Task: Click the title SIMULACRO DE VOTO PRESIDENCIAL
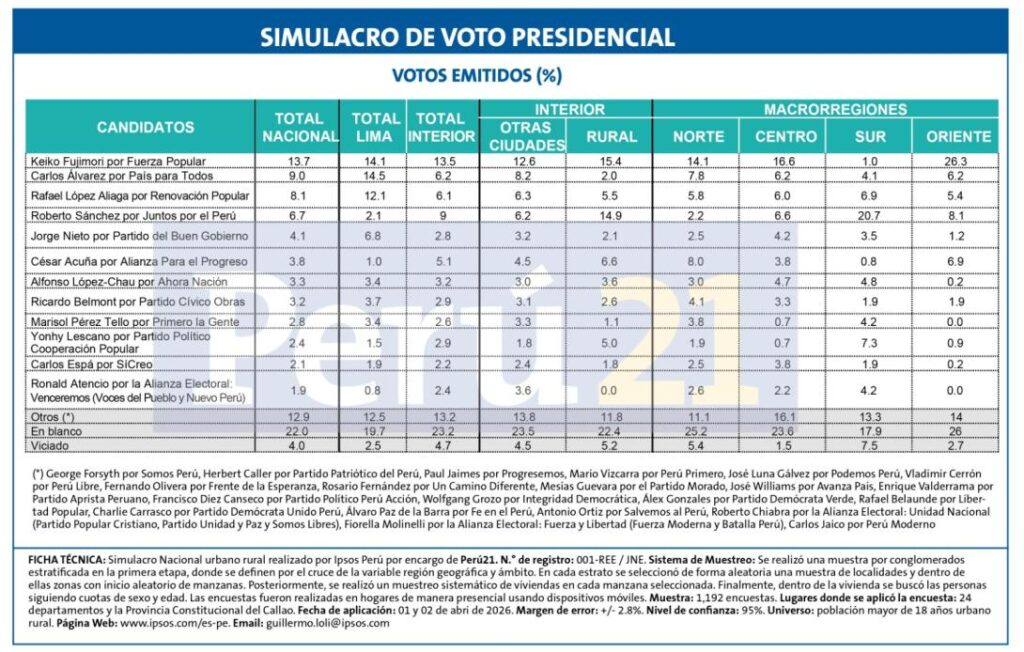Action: pos(467,38)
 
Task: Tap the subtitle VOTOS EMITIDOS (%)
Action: pos(476,76)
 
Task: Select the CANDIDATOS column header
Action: pos(145,128)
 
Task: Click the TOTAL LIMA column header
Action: pos(375,127)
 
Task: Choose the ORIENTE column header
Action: pos(958,136)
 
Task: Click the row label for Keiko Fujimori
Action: pos(117,161)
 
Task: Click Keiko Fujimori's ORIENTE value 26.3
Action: pos(958,161)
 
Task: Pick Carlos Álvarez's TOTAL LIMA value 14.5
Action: pos(375,176)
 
